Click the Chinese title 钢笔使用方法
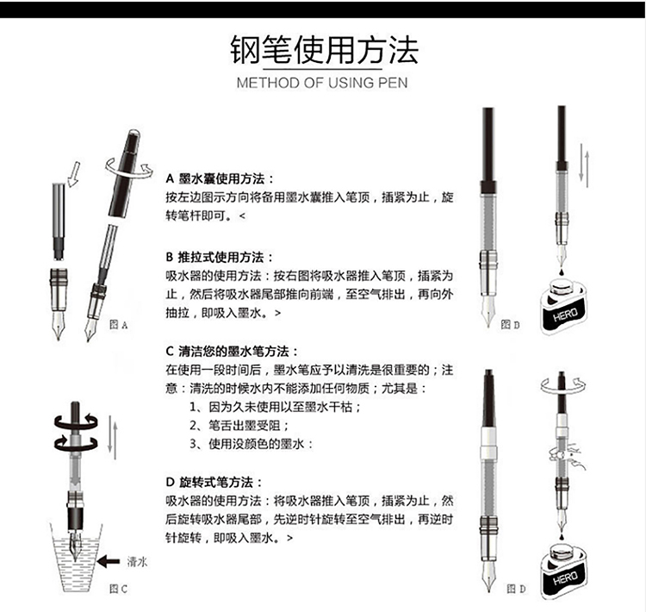[324, 50]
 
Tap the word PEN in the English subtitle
[393, 83]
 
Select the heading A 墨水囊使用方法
[219, 179]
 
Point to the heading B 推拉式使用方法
[219, 258]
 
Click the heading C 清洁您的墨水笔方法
[232, 352]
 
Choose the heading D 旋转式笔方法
[214, 482]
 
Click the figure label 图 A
[119, 325]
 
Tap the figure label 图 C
[118, 589]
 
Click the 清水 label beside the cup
[137, 562]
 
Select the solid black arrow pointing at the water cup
[109, 561]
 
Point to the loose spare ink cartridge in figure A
[59, 222]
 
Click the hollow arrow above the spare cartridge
[74, 174]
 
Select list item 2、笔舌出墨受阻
[239, 426]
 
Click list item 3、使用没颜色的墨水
[251, 444]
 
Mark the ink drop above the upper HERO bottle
[562, 272]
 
